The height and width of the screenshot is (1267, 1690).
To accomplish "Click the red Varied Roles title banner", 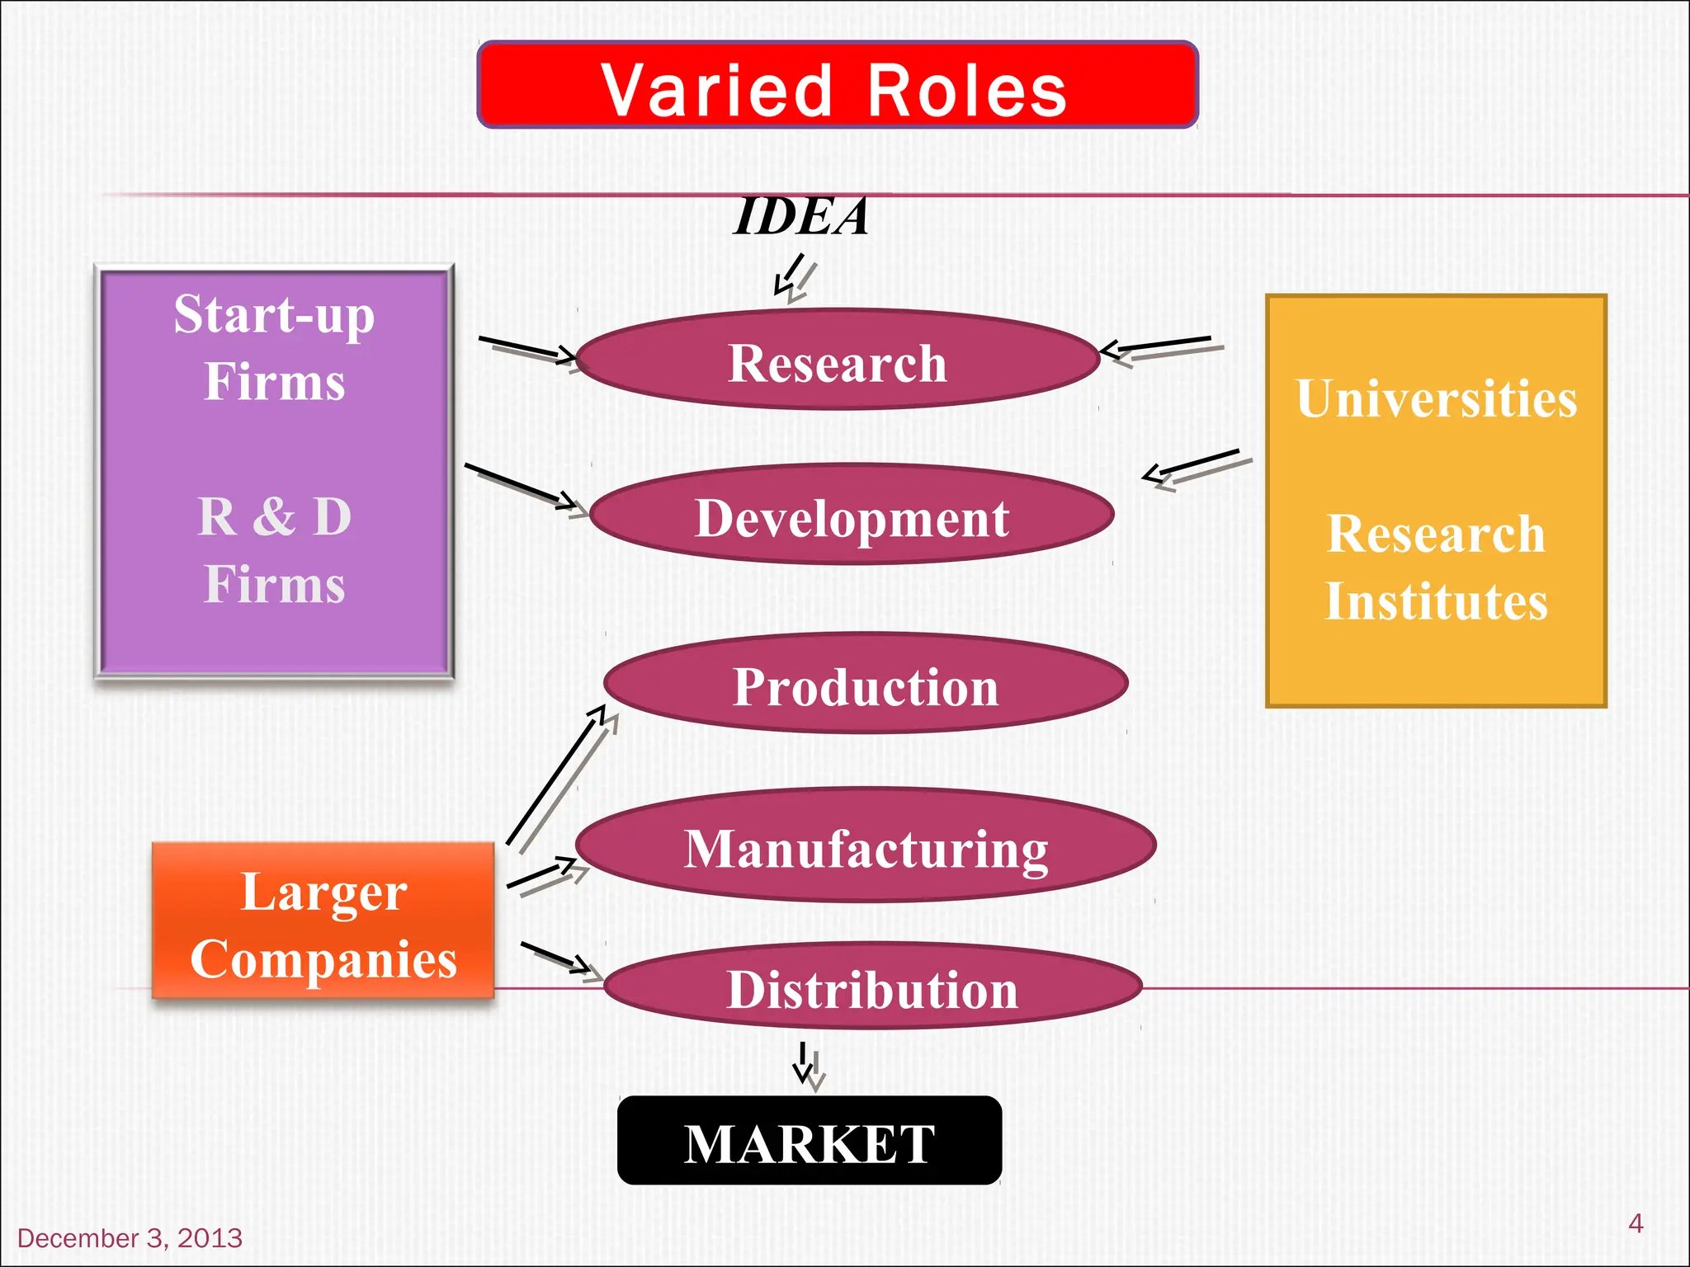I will click(x=837, y=86).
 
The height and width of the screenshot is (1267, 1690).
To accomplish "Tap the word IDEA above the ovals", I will click(x=800, y=217).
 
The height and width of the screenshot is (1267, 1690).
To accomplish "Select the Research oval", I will click(x=838, y=360).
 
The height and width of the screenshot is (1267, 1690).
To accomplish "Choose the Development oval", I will click(x=852, y=516).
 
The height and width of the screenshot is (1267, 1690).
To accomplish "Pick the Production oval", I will click(x=866, y=684).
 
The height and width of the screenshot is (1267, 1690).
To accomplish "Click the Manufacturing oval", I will click(x=866, y=845).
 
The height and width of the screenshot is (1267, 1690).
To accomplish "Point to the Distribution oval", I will click(x=872, y=987).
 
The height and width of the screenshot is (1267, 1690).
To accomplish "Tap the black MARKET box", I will click(x=810, y=1142).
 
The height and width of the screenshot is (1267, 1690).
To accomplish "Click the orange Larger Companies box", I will click(x=323, y=922).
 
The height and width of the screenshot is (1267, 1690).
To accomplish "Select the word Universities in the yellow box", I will click(x=1436, y=399).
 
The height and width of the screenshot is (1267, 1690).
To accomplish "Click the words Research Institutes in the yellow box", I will click(x=1436, y=568).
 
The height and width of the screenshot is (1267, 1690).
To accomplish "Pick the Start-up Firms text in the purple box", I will click(x=274, y=348).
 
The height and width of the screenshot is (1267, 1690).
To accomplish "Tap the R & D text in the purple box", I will click(x=275, y=517).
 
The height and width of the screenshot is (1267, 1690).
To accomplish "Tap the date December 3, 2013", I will click(x=130, y=1238).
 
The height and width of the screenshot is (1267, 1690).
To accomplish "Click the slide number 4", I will click(x=1636, y=1223).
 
